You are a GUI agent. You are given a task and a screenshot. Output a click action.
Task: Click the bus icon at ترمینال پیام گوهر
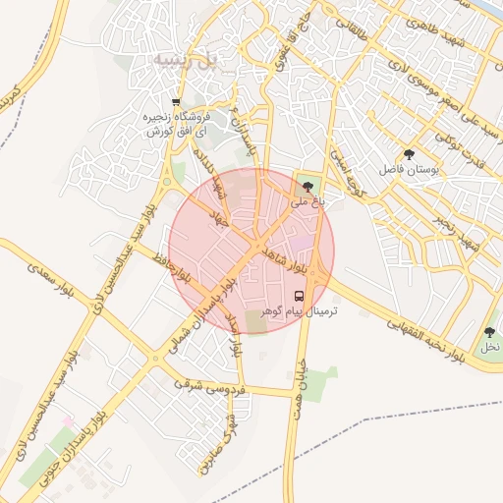tap(300, 296)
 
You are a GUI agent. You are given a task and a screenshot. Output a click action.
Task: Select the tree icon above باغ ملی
tap(308, 186)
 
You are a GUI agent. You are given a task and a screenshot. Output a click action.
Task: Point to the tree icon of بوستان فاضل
tap(409, 154)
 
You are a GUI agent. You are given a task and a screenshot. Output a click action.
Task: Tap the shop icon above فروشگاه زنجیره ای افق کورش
tap(176, 102)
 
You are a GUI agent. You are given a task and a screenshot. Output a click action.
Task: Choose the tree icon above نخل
tap(489, 333)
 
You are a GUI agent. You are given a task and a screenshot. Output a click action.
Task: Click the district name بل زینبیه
tap(183, 60)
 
